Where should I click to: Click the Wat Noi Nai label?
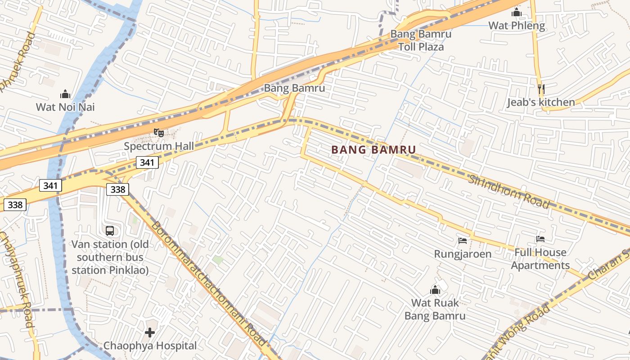click(x=65, y=107)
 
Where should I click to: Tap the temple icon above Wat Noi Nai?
click(x=65, y=94)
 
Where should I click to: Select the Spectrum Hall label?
click(x=159, y=146)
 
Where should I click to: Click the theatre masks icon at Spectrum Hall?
click(x=158, y=133)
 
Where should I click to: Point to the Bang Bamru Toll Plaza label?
click(x=421, y=40)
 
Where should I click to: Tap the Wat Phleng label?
click(x=517, y=26)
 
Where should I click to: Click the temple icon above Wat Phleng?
click(x=517, y=13)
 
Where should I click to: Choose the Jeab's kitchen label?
click(x=541, y=103)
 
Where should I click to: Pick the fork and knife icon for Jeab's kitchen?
click(x=541, y=89)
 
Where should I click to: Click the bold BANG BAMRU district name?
click(x=373, y=150)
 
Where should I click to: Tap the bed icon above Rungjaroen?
click(x=463, y=241)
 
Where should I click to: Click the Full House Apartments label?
click(x=540, y=259)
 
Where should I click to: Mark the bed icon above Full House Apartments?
click(x=540, y=239)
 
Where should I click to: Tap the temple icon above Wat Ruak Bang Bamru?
click(x=435, y=290)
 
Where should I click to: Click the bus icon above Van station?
click(x=110, y=231)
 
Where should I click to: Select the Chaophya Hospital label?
click(x=150, y=346)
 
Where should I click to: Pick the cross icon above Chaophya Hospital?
click(x=150, y=333)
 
